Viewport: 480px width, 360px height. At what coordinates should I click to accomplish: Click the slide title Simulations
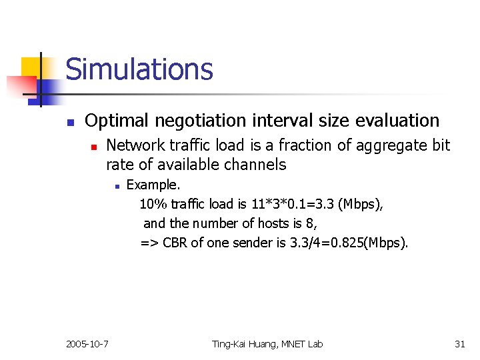click(139, 69)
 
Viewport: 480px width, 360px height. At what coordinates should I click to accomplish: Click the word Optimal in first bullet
click(116, 121)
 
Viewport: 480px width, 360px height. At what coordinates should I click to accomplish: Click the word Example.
click(153, 185)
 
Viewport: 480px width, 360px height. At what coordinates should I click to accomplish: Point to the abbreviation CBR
click(175, 243)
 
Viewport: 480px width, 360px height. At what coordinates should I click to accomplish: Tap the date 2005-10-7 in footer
click(88, 344)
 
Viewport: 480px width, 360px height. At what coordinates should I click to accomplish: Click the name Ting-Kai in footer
click(231, 344)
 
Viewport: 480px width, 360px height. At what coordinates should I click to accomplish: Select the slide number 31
click(459, 344)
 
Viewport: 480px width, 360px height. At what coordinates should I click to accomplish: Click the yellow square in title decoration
click(31, 67)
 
